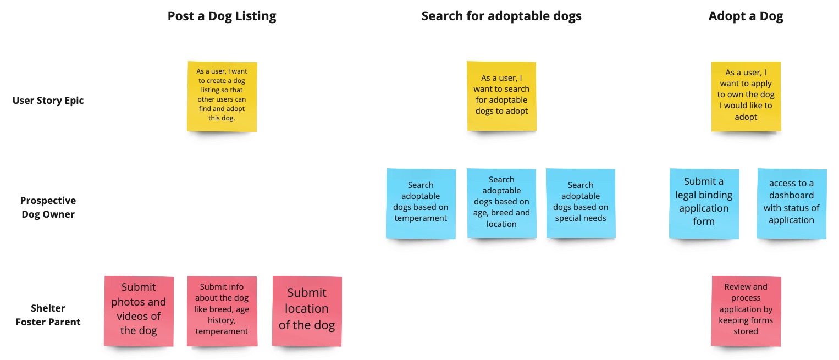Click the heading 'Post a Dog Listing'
(222, 16)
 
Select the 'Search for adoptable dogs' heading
(501, 16)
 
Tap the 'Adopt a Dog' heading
(746, 16)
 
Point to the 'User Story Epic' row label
(48, 101)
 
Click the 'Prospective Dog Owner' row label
(48, 207)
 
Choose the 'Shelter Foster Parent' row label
(48, 315)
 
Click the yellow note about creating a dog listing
(222, 96)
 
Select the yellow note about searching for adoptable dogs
(501, 96)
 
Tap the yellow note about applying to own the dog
(746, 96)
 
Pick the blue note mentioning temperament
(421, 203)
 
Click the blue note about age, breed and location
(501, 203)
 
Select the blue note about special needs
(581, 203)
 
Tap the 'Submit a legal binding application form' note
(704, 203)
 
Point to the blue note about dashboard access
(791, 203)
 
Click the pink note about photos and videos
(139, 311)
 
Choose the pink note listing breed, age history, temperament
(222, 311)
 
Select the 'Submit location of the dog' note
(307, 311)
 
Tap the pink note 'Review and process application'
(746, 311)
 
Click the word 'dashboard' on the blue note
(791, 196)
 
